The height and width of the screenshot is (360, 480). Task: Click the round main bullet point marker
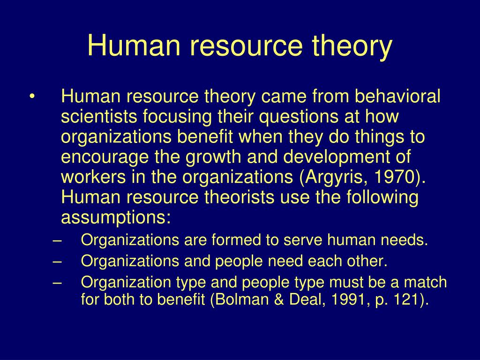[32, 97]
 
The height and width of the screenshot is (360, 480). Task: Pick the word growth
[214, 157]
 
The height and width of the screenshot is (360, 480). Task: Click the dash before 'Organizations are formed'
[58, 241]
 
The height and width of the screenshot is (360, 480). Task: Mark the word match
[425, 283]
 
